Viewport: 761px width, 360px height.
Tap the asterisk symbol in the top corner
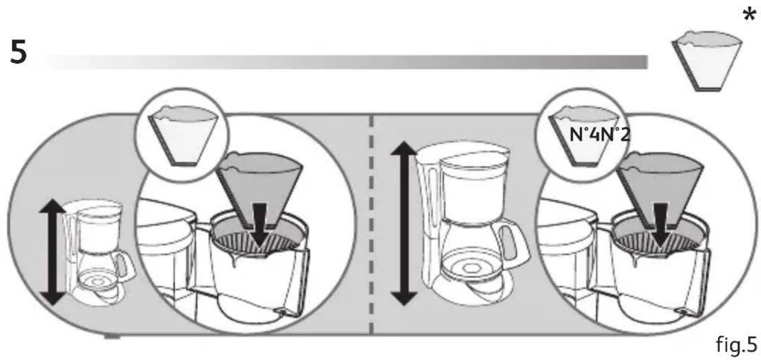pyautogui.click(x=749, y=15)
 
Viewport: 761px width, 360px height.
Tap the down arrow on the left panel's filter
pyautogui.click(x=259, y=228)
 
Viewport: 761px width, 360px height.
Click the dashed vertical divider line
pyautogui.click(x=370, y=225)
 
